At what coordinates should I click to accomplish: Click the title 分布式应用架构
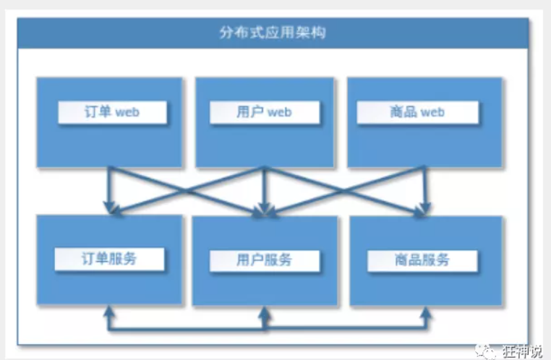pos(275,33)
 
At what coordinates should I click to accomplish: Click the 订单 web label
pos(111,113)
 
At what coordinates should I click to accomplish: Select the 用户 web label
pos(263,113)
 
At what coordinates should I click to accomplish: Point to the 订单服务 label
pos(109,258)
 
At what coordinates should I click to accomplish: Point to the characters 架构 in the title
pos(318,33)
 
